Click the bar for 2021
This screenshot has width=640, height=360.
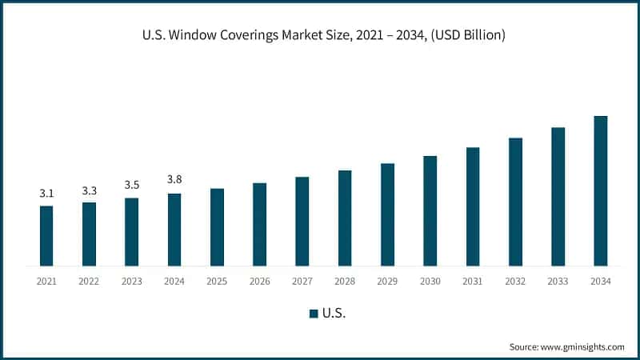(46, 236)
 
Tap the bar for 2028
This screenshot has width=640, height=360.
(345, 218)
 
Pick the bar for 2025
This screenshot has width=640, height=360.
(217, 227)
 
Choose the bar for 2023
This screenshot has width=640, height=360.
(131, 232)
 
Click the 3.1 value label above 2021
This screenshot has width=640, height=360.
(46, 194)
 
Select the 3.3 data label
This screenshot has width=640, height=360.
(89, 190)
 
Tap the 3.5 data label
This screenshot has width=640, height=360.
(131, 186)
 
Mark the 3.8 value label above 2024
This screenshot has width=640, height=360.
(174, 180)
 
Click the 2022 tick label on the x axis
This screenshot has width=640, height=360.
(89, 282)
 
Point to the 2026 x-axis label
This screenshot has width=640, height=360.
(259, 282)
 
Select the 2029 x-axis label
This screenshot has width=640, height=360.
(387, 282)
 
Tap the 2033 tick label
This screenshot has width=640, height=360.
(558, 282)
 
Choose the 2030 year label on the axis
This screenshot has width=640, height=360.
(430, 282)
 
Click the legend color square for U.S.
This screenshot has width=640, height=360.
(314, 314)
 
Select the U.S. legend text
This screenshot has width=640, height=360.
(334, 314)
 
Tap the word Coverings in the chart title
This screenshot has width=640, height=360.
(250, 35)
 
